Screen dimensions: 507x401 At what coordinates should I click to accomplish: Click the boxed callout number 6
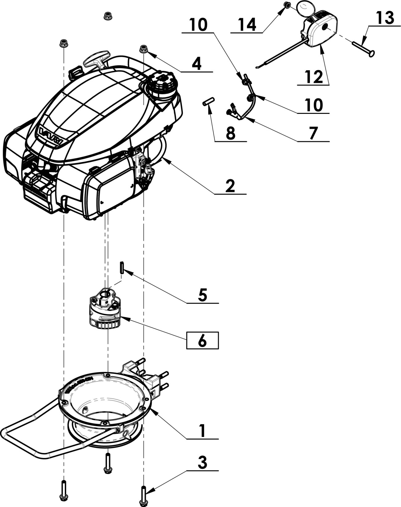[202, 341]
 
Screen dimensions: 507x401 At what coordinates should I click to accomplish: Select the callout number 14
[247, 25]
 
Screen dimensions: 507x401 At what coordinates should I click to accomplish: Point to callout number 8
[230, 134]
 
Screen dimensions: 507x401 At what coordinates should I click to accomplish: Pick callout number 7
[313, 133]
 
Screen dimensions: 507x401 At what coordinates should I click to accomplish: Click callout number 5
[202, 295]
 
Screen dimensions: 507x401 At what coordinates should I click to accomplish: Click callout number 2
[230, 186]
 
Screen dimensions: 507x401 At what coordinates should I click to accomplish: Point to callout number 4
[196, 64]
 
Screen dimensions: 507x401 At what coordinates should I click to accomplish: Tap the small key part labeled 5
[122, 268]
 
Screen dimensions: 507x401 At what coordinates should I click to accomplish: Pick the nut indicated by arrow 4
[143, 48]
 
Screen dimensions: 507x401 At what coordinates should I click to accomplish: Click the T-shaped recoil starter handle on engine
[97, 59]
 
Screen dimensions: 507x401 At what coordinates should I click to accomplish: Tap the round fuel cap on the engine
[162, 81]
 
